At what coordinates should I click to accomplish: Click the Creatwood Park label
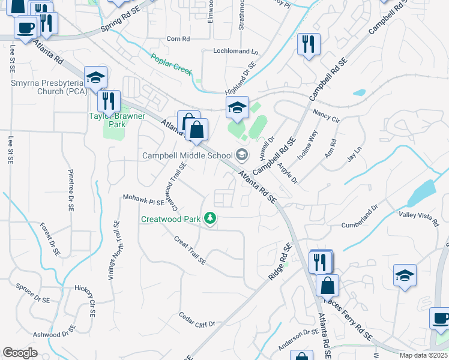coord(170,219)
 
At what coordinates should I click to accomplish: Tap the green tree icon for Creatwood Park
coord(210,218)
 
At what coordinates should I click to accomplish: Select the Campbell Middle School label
coord(187,155)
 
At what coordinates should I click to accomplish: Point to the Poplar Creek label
coord(171,65)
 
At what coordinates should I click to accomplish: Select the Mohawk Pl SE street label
coord(143,197)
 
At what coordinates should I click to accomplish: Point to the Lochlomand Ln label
coord(235,52)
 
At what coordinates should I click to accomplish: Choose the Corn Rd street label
coord(178,39)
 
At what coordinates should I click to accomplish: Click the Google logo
coord(20,353)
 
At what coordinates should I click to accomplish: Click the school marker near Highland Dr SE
coord(237,108)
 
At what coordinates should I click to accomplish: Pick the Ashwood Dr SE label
coord(55,332)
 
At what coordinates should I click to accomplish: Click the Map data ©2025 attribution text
coord(423,355)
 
